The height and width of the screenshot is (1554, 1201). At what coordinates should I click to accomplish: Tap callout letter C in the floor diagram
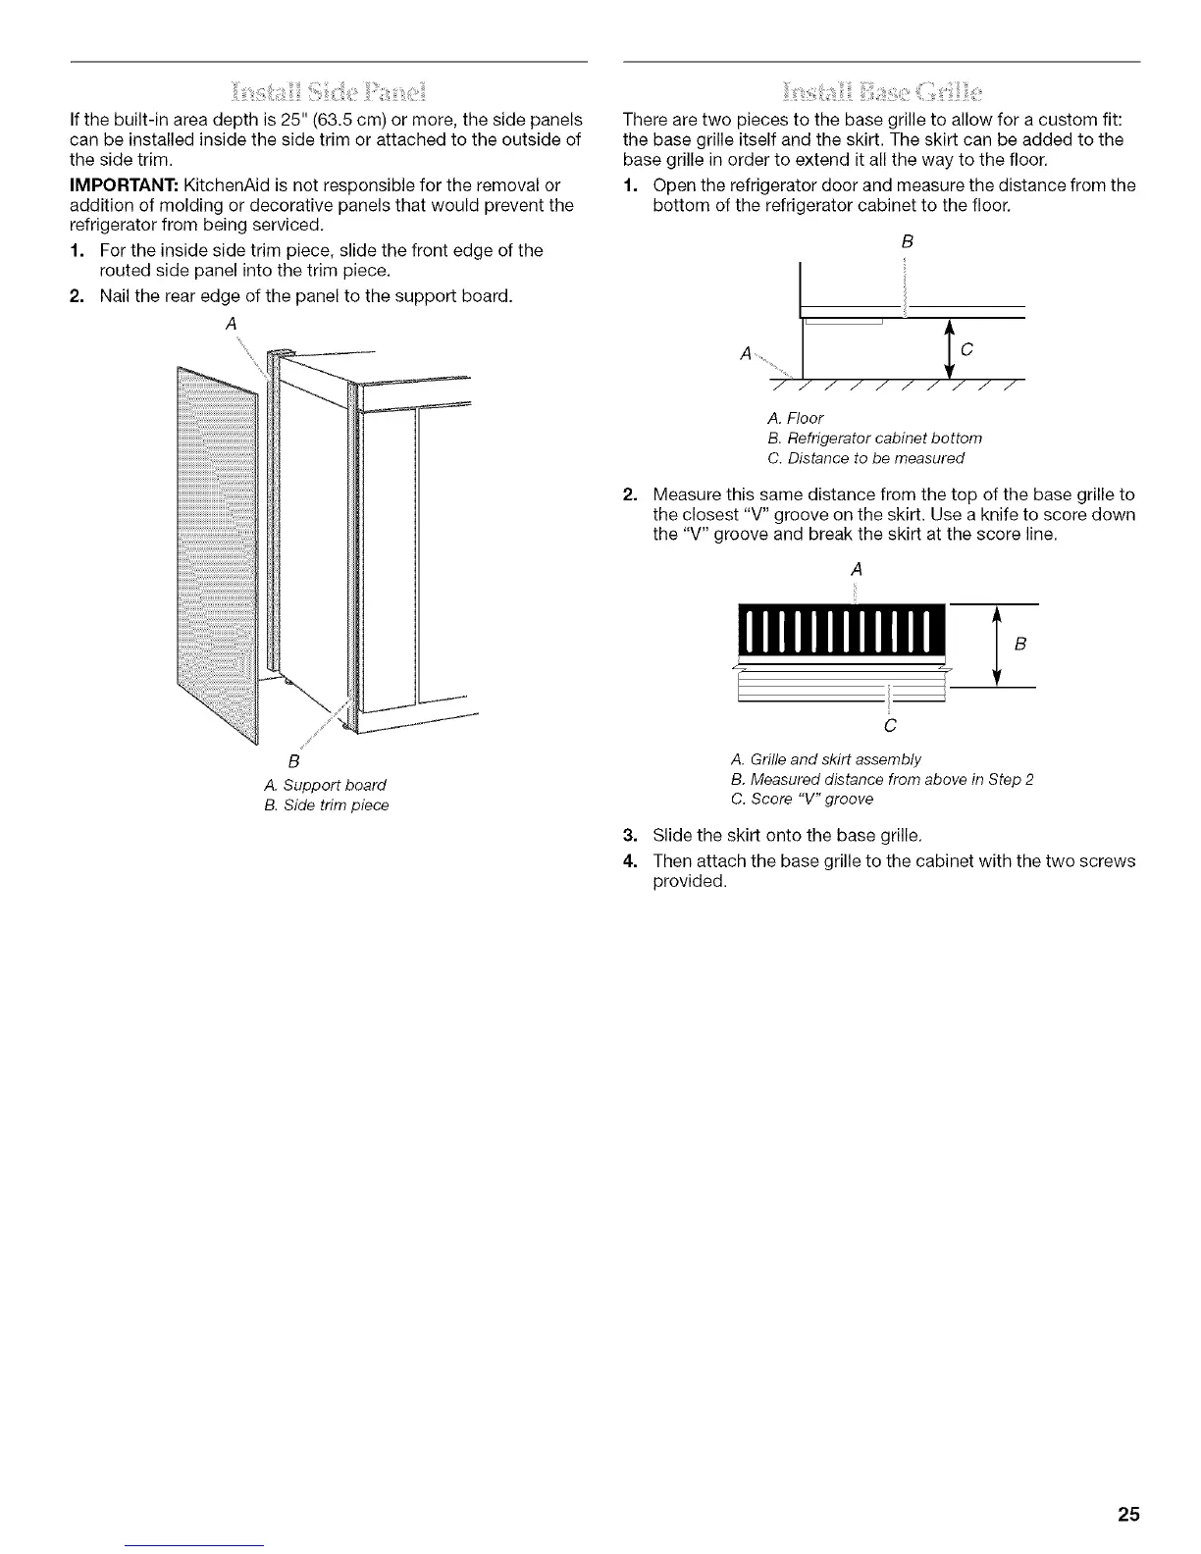point(966,349)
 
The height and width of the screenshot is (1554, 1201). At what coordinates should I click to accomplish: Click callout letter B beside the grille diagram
point(1019,644)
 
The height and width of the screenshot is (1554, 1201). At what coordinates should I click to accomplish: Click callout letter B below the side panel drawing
point(292,761)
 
